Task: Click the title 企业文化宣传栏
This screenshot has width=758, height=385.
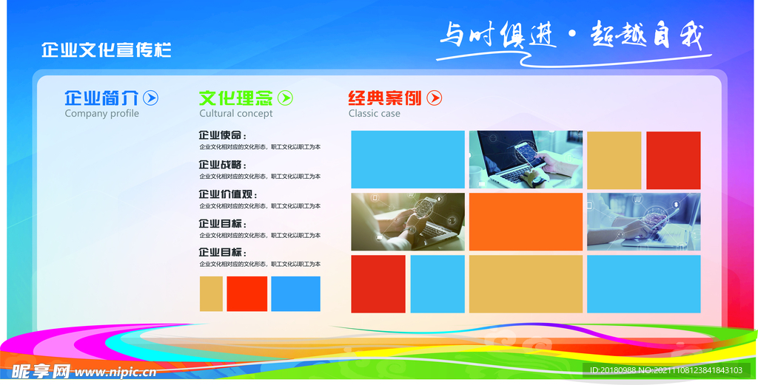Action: [107, 50]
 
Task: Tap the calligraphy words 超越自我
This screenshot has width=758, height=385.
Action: [646, 35]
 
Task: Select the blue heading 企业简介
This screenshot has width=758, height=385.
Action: [101, 98]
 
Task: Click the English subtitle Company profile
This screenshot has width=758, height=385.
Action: [101, 114]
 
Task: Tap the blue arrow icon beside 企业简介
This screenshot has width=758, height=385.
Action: [150, 98]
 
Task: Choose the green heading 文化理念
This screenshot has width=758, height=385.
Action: [236, 98]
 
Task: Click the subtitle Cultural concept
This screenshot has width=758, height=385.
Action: [235, 114]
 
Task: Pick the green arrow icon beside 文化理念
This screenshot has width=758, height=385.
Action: [285, 98]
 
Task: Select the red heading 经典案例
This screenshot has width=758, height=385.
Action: [385, 98]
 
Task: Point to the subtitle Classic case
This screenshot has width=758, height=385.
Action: [374, 114]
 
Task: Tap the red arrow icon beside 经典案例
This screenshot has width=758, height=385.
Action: [435, 98]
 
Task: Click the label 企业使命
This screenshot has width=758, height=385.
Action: [221, 136]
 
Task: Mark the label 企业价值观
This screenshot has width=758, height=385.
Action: [225, 194]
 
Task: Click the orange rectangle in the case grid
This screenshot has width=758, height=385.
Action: [526, 222]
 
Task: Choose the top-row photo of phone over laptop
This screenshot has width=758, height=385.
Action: [526, 159]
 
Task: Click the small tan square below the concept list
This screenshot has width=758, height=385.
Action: [211, 293]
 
